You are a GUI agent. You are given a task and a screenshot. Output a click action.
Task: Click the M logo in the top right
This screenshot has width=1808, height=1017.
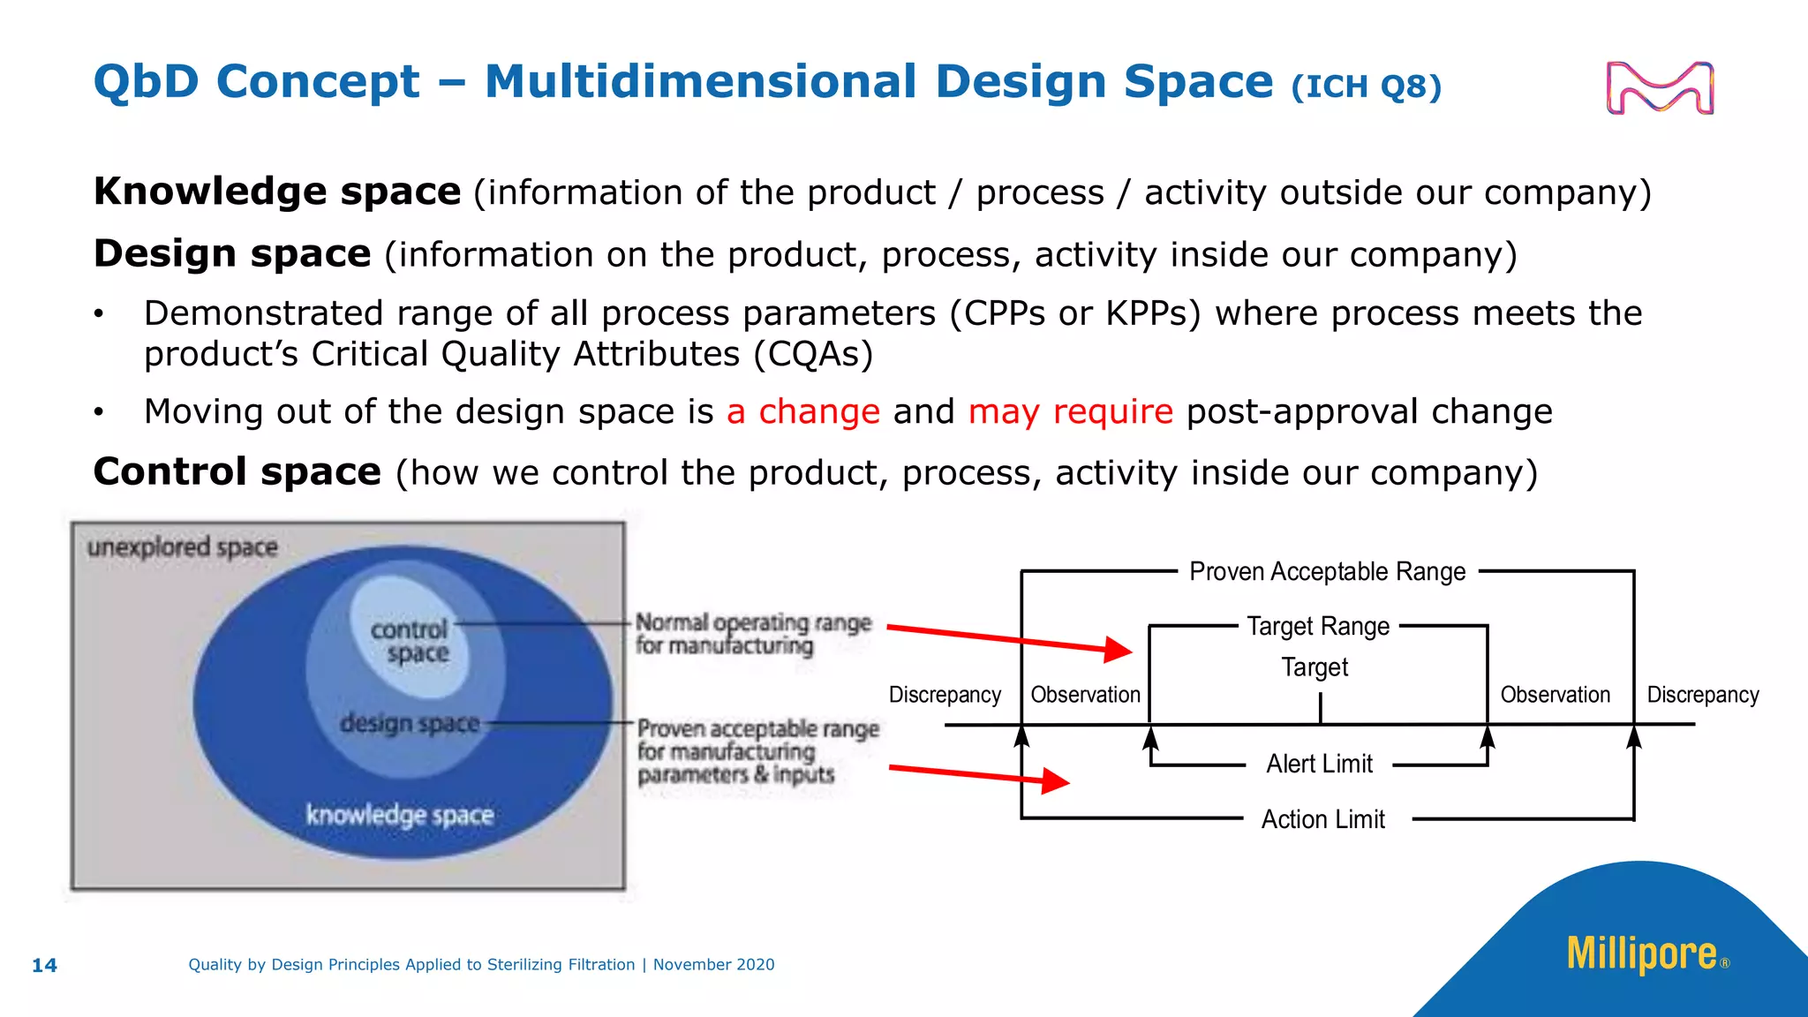tap(1660, 87)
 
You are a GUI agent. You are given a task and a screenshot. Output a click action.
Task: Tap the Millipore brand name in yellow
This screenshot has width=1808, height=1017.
tap(1642, 954)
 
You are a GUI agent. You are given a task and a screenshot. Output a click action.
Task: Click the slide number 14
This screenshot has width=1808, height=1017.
tap(44, 965)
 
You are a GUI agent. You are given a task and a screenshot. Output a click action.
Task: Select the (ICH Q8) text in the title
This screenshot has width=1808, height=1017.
tap(1366, 87)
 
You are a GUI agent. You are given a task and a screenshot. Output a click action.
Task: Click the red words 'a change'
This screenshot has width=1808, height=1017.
tap(803, 411)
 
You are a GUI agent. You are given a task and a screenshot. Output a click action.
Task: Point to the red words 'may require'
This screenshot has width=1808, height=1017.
tap(1070, 411)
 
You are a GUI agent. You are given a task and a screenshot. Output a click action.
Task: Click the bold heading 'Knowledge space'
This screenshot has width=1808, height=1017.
tap(277, 192)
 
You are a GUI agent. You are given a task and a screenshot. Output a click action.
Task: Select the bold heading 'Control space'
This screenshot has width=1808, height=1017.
tap(237, 471)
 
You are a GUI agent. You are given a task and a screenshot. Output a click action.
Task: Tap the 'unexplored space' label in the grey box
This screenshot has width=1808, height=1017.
tap(182, 547)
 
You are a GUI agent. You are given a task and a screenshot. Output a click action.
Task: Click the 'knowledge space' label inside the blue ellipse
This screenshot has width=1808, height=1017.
tap(399, 814)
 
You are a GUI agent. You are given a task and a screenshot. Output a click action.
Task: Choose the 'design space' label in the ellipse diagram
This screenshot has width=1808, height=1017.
tap(410, 723)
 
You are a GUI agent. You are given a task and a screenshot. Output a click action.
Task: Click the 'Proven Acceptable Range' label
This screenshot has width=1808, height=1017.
tap(1327, 571)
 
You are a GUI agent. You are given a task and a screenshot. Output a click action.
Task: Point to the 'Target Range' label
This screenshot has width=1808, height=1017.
tap(1318, 626)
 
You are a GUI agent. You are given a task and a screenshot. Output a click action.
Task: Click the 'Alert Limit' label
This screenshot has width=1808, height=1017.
tap(1319, 764)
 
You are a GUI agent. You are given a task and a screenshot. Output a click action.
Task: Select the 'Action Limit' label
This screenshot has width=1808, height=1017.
tap(1322, 819)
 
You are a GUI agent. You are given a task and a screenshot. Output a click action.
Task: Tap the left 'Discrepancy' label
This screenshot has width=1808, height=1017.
tap(945, 695)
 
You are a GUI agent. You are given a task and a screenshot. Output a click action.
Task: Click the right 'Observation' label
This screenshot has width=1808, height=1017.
tap(1555, 695)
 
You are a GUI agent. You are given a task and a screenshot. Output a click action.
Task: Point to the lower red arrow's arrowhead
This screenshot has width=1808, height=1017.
tap(1055, 780)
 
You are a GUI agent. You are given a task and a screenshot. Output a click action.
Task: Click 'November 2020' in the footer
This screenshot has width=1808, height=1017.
tap(713, 965)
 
